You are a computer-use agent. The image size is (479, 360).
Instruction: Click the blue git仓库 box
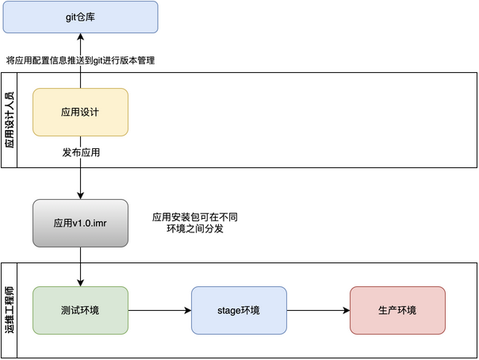80,17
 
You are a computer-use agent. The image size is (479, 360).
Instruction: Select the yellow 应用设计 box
80,112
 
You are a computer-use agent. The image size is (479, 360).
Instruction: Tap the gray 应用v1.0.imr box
80,223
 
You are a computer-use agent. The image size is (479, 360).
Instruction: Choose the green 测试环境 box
80,310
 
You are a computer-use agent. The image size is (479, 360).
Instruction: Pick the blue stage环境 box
239,310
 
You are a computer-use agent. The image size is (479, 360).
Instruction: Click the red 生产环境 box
397,310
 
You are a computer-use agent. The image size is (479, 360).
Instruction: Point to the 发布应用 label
80,151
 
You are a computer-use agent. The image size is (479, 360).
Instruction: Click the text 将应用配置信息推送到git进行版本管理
79,60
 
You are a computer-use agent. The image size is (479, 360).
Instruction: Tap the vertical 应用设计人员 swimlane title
10,120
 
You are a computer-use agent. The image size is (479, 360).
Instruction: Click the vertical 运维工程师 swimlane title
10,310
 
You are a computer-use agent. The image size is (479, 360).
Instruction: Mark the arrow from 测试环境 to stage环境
159,310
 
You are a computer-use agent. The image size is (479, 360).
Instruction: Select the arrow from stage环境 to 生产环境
317,310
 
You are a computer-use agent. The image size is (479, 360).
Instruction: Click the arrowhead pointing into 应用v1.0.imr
80,195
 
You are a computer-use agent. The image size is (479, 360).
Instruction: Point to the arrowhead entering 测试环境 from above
80,282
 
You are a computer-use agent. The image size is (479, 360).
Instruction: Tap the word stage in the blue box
229,310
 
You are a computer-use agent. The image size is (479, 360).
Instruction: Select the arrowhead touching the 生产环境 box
346,310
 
